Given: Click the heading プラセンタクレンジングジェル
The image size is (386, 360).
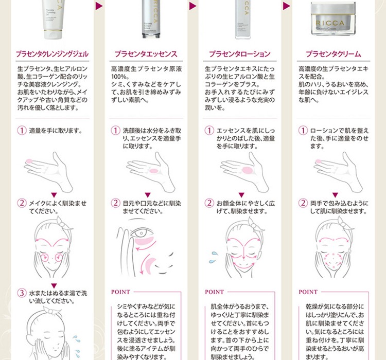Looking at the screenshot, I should tap(52, 53).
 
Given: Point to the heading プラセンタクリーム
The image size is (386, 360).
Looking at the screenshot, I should tap(333, 53).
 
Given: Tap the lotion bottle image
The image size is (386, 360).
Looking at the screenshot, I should tap(243, 18).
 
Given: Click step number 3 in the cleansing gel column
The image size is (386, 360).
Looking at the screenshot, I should tap(22, 293).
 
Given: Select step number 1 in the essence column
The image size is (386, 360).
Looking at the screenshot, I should tap(116, 131).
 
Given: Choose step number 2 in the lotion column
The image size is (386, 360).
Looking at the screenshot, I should tap(209, 203).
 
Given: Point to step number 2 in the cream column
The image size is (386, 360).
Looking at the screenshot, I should tap(304, 203).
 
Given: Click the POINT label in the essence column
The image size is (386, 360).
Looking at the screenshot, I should tap(121, 292).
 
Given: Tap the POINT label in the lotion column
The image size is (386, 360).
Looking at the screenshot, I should tap(215, 292).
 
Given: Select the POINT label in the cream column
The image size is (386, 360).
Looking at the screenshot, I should tap(308, 292).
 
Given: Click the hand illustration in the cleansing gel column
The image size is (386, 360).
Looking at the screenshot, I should tap(51, 170).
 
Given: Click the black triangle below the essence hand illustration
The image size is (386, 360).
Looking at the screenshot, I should tap(147, 194).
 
